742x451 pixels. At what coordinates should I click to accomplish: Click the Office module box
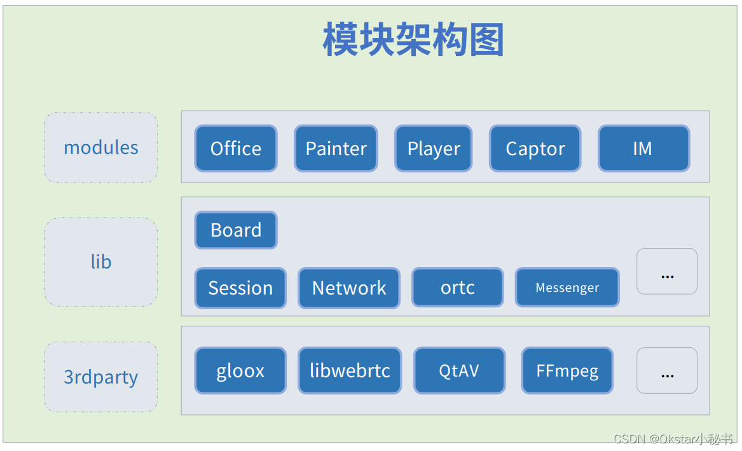[236, 148]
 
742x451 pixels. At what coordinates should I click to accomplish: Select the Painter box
[336, 148]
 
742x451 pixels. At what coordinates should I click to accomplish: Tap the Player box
[434, 148]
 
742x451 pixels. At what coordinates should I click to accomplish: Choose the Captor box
[535, 148]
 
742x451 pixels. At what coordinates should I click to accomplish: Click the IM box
[643, 148]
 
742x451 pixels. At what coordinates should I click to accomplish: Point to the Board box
[236, 230]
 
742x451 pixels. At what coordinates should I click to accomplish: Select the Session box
[240, 288]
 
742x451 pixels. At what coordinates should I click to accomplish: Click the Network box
[349, 288]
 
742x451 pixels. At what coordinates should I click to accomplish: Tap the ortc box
[458, 288]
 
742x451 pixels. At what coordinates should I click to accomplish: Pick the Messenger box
[567, 288]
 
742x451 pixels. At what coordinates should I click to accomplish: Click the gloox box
[240, 370]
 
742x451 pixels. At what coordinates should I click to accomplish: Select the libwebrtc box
[350, 370]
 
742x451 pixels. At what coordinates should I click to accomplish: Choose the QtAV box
[459, 370]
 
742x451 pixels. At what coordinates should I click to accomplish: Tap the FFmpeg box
[567, 370]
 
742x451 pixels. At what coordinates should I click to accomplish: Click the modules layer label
[101, 148]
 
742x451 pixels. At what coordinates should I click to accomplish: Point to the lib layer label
[101, 261]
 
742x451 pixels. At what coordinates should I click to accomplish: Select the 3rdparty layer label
[101, 377]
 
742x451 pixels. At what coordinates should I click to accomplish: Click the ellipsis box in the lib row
[667, 272]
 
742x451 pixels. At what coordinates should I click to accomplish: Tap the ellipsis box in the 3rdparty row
[667, 370]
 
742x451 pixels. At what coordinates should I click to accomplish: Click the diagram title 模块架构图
[413, 39]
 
